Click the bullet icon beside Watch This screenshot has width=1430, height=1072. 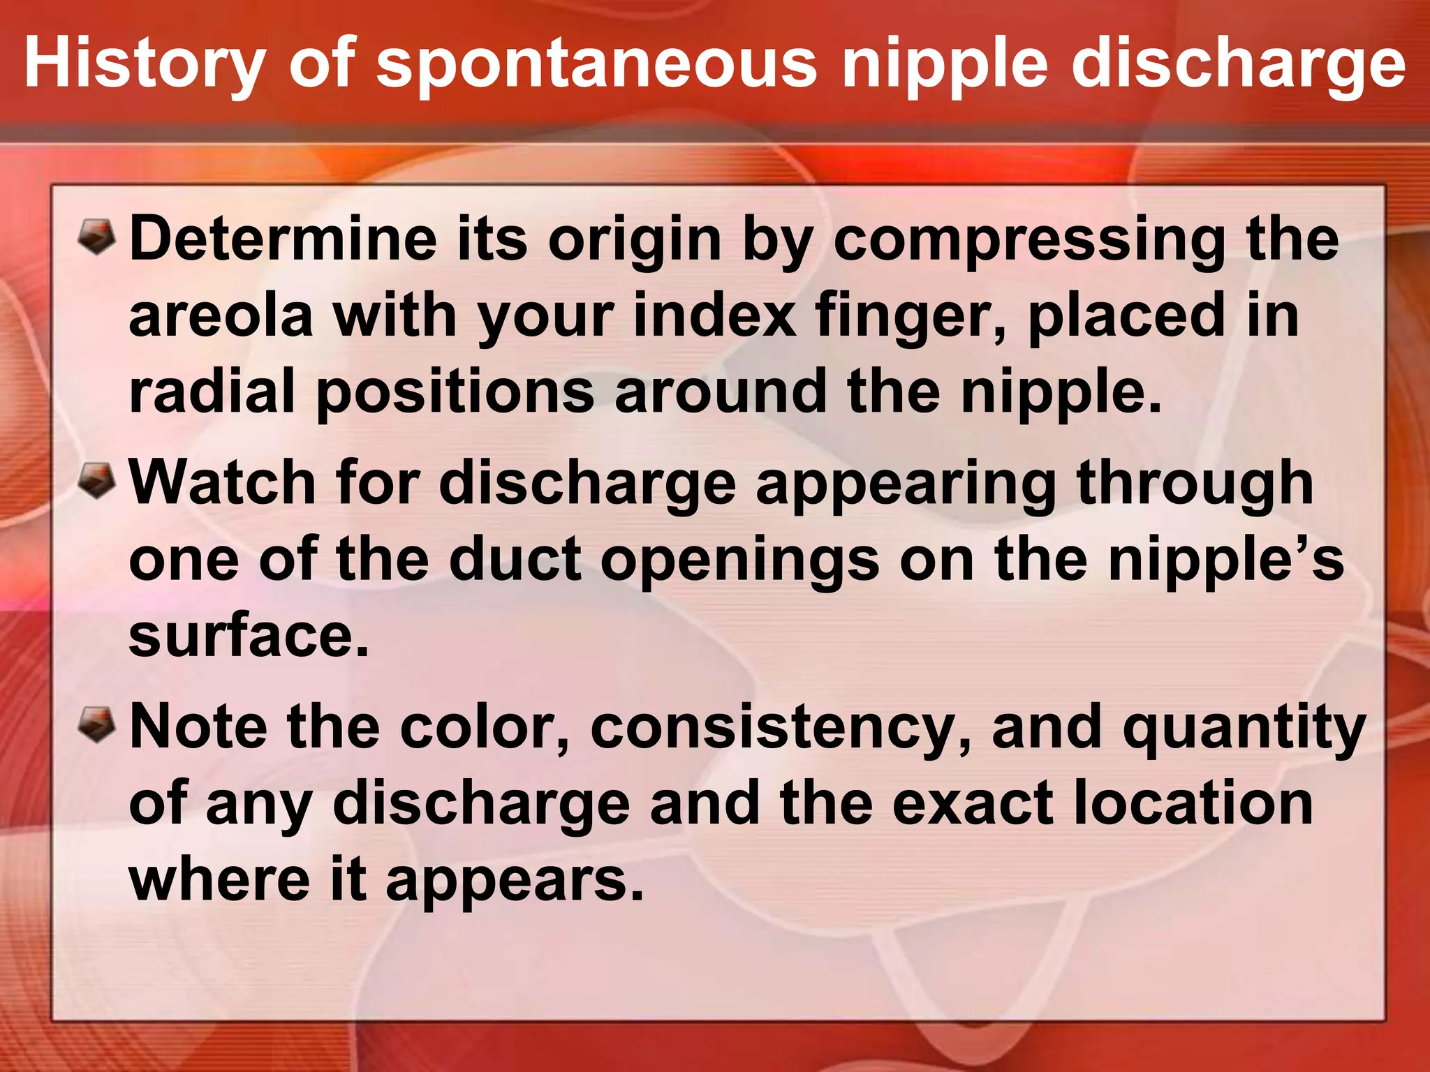pyautogui.click(x=96, y=480)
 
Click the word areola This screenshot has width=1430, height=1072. pyautogui.click(x=221, y=316)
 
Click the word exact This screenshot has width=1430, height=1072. pyautogui.click(x=972, y=804)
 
